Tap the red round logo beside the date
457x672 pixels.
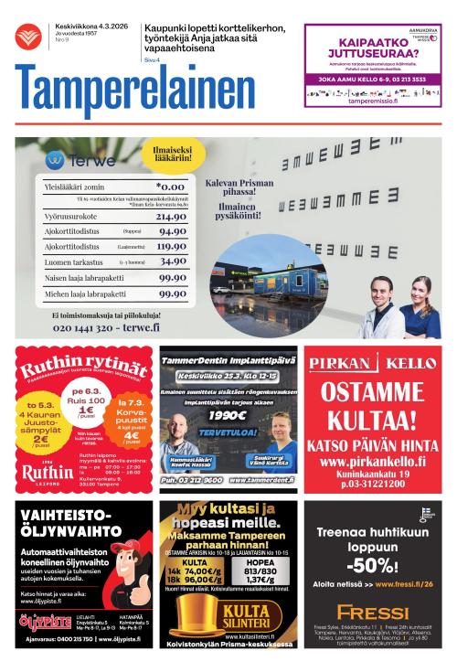pyautogui.click(x=27, y=36)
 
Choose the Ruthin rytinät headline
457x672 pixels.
pyautogui.click(x=84, y=363)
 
